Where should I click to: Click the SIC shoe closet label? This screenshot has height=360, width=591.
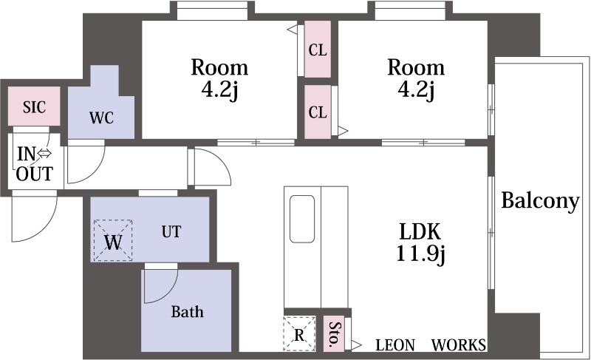pos(34,107)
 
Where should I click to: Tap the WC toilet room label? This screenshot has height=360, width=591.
pos(101,118)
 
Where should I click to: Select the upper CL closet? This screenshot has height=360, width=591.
pos(318,50)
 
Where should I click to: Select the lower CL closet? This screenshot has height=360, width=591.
pos(318,112)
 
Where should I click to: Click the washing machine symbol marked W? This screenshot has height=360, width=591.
pos(113,240)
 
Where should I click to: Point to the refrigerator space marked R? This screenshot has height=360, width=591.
pos(299,334)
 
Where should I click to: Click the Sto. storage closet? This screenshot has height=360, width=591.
pos(334,334)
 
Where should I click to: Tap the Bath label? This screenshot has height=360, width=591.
pos(188,311)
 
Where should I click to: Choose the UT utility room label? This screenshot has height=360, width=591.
pos(171,231)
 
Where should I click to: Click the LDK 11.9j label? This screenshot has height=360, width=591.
pos(420,242)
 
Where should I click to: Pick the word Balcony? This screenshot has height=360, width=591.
pos(540,201)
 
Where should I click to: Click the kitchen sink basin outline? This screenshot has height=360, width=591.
pos(302,219)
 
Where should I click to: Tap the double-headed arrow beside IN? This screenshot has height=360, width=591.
pos(44,154)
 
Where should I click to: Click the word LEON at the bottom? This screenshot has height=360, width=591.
pos(395,345)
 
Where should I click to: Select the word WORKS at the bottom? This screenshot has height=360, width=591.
pos(459,345)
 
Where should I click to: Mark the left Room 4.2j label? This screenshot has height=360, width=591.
pos(219,79)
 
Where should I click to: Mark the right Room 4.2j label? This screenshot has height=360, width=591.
pos(416,79)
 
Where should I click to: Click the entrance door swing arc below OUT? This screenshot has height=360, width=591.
pos(34,216)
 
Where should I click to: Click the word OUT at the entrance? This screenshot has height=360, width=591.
pos(34,174)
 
